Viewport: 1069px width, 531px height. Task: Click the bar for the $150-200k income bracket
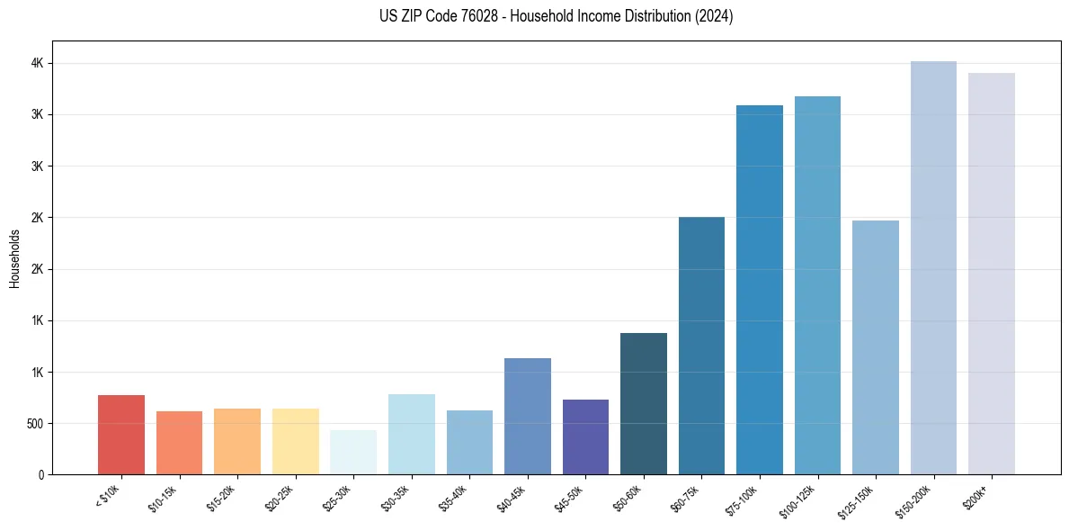click(x=933, y=270)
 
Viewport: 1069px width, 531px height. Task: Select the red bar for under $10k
click(x=121, y=436)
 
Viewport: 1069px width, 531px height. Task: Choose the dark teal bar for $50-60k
click(x=644, y=405)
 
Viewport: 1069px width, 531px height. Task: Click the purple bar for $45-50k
click(x=585, y=437)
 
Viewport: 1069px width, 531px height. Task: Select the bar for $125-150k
click(x=876, y=347)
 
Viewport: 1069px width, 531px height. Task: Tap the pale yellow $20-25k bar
click(x=296, y=442)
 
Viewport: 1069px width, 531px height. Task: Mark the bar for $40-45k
click(x=528, y=417)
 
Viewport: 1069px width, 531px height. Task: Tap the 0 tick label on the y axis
click(x=40, y=475)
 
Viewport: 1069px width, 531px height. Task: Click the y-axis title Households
click(x=15, y=258)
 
